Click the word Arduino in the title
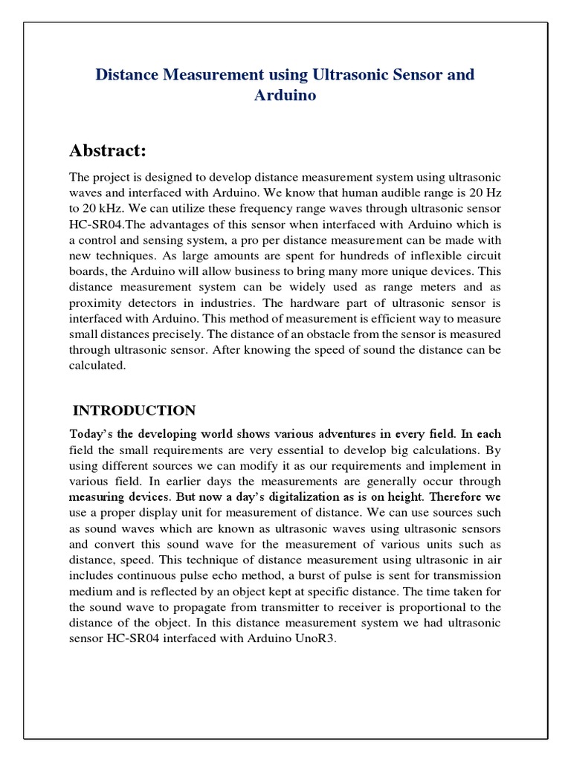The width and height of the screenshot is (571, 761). coord(285,96)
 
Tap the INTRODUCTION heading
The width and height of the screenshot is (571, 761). coord(134,410)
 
